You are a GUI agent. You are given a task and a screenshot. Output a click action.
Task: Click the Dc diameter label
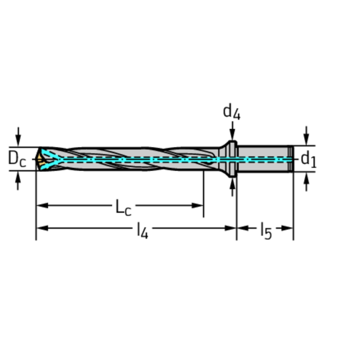(x=16, y=159)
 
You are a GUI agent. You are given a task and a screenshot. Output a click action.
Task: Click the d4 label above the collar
(x=231, y=112)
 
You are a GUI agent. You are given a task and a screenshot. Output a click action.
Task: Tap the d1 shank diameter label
(x=308, y=159)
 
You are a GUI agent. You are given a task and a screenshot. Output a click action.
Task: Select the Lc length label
(x=123, y=207)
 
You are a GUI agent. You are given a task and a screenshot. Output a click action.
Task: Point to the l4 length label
(x=142, y=230)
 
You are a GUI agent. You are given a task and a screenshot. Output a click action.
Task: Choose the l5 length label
(x=266, y=230)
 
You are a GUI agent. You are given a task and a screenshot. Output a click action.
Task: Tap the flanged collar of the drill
(x=230, y=159)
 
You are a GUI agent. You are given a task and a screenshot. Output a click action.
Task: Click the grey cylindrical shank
(x=263, y=159)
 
